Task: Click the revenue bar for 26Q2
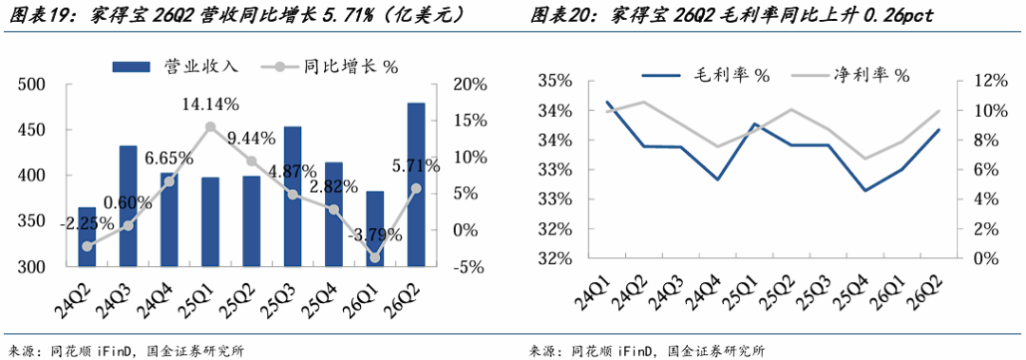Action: [416, 184]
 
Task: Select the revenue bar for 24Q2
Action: [87, 237]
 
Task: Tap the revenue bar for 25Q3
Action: [293, 197]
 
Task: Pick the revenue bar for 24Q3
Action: [128, 206]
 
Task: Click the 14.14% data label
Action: [210, 104]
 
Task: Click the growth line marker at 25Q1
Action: [210, 127]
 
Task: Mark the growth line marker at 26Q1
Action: [375, 258]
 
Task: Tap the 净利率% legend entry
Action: [850, 75]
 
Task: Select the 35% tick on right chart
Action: [555, 82]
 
